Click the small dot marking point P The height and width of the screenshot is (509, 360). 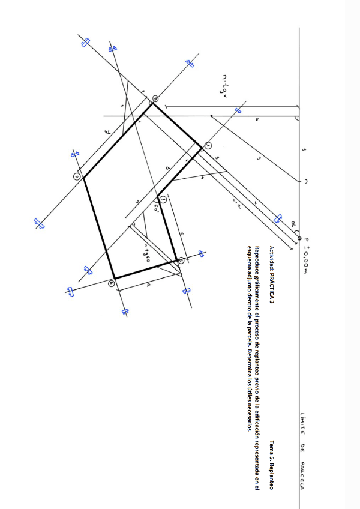pyautogui.click(x=299, y=238)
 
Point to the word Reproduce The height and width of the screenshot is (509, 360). pyautogui.click(x=257, y=260)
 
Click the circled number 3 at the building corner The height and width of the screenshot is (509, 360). pyautogui.click(x=163, y=199)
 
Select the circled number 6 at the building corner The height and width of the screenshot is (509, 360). pyautogui.click(x=112, y=283)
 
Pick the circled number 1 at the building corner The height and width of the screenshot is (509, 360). pyautogui.click(x=208, y=146)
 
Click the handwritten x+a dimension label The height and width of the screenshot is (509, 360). pyautogui.click(x=236, y=204)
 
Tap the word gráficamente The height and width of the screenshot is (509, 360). pyautogui.click(x=257, y=295)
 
